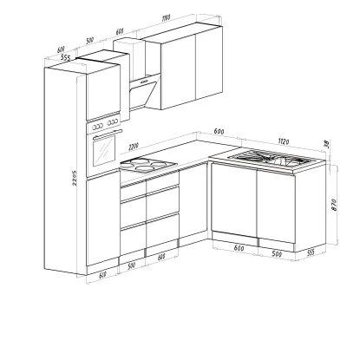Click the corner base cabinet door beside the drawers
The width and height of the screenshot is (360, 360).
point(194,208)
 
